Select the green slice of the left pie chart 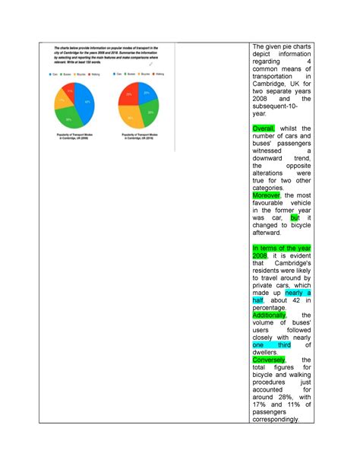(71, 118)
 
